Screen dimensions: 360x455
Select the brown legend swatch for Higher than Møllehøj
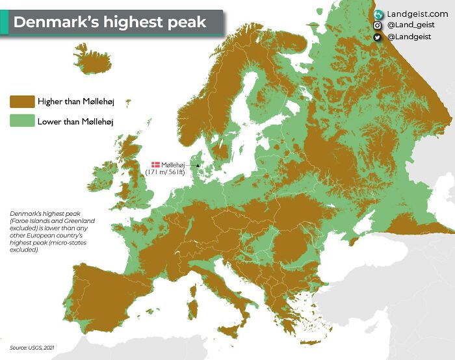[x=21, y=101]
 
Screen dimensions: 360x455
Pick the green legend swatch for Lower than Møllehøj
[x=21, y=121]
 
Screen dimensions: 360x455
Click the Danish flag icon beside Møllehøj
[x=155, y=165]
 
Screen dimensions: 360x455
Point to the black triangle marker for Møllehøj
[x=198, y=166]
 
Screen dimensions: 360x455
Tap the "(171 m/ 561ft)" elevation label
[x=165, y=172]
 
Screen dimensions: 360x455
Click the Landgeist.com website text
[x=417, y=14]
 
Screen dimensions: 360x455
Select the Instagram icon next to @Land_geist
[x=377, y=25]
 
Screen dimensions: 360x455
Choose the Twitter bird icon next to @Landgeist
[x=377, y=37]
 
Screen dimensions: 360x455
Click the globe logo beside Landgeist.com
[x=377, y=14]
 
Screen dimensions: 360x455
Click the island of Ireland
[x=104, y=179]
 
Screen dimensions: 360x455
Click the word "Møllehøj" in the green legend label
[x=96, y=121]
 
